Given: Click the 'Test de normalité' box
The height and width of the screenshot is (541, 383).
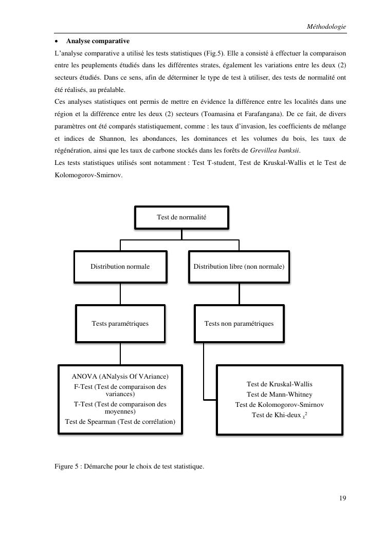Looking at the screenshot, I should [x=181, y=217].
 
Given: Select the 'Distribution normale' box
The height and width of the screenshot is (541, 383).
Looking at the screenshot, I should [x=120, y=267].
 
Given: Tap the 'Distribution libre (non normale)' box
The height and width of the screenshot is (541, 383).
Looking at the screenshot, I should [x=239, y=267].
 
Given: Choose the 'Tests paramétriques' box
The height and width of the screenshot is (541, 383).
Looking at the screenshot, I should [x=120, y=324].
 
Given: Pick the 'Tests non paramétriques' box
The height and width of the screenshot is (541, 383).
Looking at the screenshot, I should [x=239, y=324].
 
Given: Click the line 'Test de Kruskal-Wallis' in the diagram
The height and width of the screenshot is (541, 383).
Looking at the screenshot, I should [x=279, y=384].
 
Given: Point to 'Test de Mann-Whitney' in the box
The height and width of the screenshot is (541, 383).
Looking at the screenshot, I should [x=279, y=395].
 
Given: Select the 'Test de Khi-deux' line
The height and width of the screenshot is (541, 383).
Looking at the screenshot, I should [x=279, y=415].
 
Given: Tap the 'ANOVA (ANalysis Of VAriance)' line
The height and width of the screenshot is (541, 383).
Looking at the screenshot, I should [x=120, y=376].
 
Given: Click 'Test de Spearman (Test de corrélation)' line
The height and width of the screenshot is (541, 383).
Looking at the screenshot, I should [x=120, y=422].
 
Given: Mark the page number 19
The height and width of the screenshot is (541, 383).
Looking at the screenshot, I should [x=342, y=498].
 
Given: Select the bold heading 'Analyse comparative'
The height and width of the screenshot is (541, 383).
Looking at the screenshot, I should [x=98, y=41].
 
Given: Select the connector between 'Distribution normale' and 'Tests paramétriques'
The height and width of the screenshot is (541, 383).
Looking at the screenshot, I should [x=120, y=294].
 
